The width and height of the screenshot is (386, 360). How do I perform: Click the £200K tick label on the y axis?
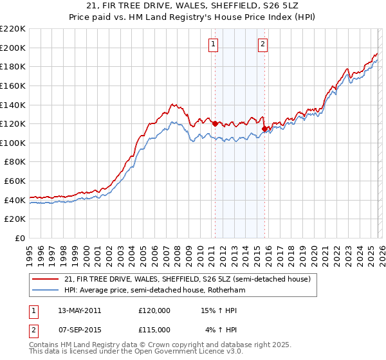click(x=13, y=48)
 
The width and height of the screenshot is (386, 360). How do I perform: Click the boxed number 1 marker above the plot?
click(x=214, y=44)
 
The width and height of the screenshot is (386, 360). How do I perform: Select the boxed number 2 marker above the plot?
click(x=263, y=44)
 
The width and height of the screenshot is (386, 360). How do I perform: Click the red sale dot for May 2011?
click(x=214, y=123)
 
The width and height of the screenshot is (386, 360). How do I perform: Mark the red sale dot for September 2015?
click(x=264, y=129)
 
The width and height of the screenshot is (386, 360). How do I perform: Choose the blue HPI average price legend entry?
click(x=154, y=291)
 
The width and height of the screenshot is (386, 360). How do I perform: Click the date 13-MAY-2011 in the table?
click(x=79, y=310)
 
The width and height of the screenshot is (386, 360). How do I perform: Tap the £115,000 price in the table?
click(x=154, y=329)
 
